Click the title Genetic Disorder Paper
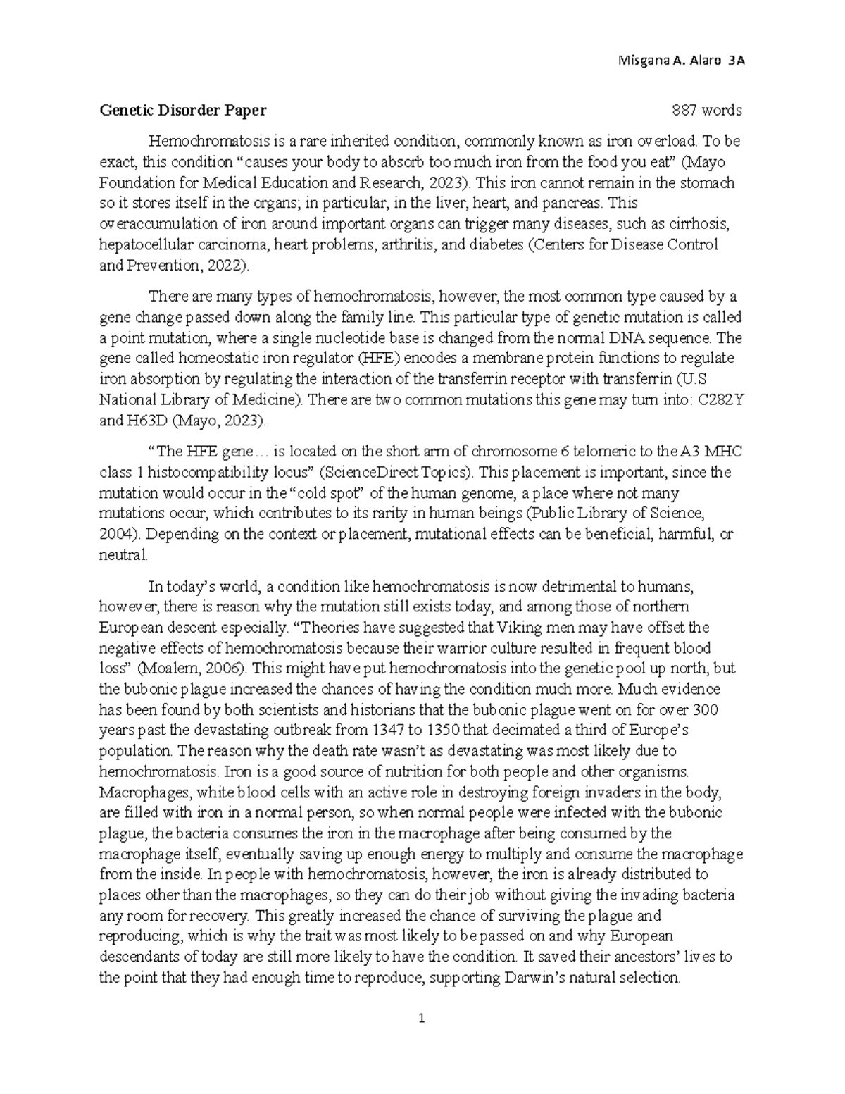pos(183,110)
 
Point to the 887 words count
pos(706,110)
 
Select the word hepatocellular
pos(143,244)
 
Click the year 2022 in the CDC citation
pos(231,266)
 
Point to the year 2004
pos(113,534)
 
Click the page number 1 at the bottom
pos(422,1018)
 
